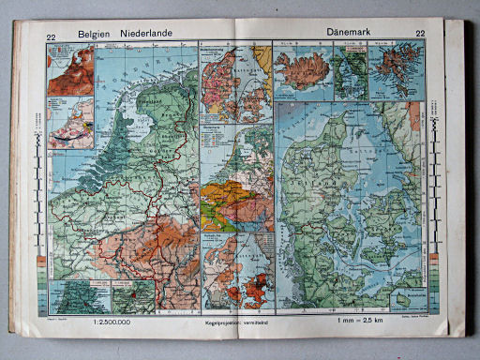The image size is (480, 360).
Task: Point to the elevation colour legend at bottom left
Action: pyautogui.click(x=37, y=286)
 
